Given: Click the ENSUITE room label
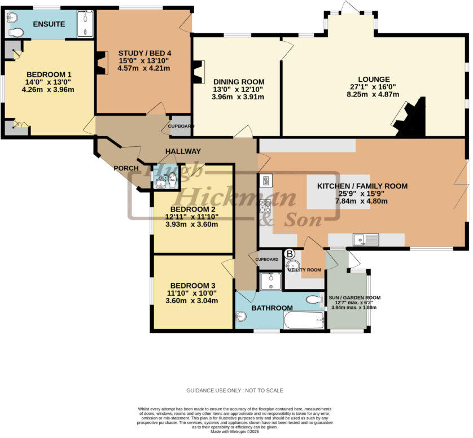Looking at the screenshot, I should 49,24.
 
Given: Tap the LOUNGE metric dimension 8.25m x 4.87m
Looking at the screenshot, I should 374,94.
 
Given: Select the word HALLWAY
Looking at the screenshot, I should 183,151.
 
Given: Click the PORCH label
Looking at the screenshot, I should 126,168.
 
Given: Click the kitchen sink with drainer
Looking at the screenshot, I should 366,240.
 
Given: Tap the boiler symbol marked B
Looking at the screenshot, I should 290,254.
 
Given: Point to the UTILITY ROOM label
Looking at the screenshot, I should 305,270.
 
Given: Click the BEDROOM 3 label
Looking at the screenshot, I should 193,284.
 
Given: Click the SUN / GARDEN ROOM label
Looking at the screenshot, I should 354,297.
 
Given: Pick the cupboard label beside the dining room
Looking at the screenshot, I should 180,126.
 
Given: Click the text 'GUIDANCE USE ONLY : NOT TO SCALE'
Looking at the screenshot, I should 235,391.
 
